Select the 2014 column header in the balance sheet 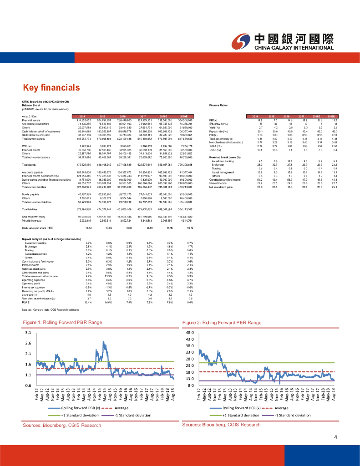point(83,116)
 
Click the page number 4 point(335,438)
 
